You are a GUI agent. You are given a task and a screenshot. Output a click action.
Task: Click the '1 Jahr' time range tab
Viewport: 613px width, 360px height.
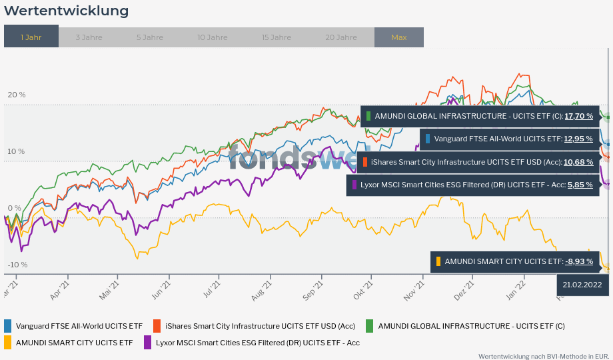coord(31,37)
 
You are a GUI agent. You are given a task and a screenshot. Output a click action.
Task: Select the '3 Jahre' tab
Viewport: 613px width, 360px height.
coord(89,37)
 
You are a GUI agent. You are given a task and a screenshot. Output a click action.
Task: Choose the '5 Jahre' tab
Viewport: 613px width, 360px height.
coord(149,37)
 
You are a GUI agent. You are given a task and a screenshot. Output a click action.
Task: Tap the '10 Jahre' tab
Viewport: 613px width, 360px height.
coord(212,37)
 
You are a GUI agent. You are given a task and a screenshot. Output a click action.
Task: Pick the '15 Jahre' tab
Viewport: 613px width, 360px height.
coord(276,37)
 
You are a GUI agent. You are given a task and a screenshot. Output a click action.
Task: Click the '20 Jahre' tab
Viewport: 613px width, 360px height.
coord(341,37)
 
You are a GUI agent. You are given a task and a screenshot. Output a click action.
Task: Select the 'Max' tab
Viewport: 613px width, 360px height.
coord(398,37)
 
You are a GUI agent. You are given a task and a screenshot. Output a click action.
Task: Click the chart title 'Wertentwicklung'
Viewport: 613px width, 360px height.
coord(67,11)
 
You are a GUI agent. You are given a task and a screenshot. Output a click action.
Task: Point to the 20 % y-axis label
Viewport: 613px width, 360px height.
coord(17,95)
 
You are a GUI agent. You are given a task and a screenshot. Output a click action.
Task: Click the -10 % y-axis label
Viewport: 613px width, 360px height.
coord(17,265)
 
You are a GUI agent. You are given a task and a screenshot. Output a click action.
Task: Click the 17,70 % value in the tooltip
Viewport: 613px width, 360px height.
coord(578,116)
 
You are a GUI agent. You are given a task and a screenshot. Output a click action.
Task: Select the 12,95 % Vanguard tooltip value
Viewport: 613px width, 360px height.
coord(578,139)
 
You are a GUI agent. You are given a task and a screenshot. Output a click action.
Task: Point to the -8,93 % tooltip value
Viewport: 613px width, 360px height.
coord(578,261)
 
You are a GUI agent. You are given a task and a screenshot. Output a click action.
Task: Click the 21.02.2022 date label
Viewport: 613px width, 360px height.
coord(582,285)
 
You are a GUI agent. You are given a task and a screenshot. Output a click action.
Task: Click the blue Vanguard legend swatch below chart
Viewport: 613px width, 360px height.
coord(8,326)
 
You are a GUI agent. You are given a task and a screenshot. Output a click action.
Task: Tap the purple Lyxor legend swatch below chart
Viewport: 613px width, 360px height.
coord(148,343)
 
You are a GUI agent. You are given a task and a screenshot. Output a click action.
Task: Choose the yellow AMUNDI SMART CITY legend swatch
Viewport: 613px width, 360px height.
coord(8,343)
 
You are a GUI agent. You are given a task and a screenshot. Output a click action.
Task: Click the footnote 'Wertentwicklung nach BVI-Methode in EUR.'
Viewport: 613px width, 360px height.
coord(544,356)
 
